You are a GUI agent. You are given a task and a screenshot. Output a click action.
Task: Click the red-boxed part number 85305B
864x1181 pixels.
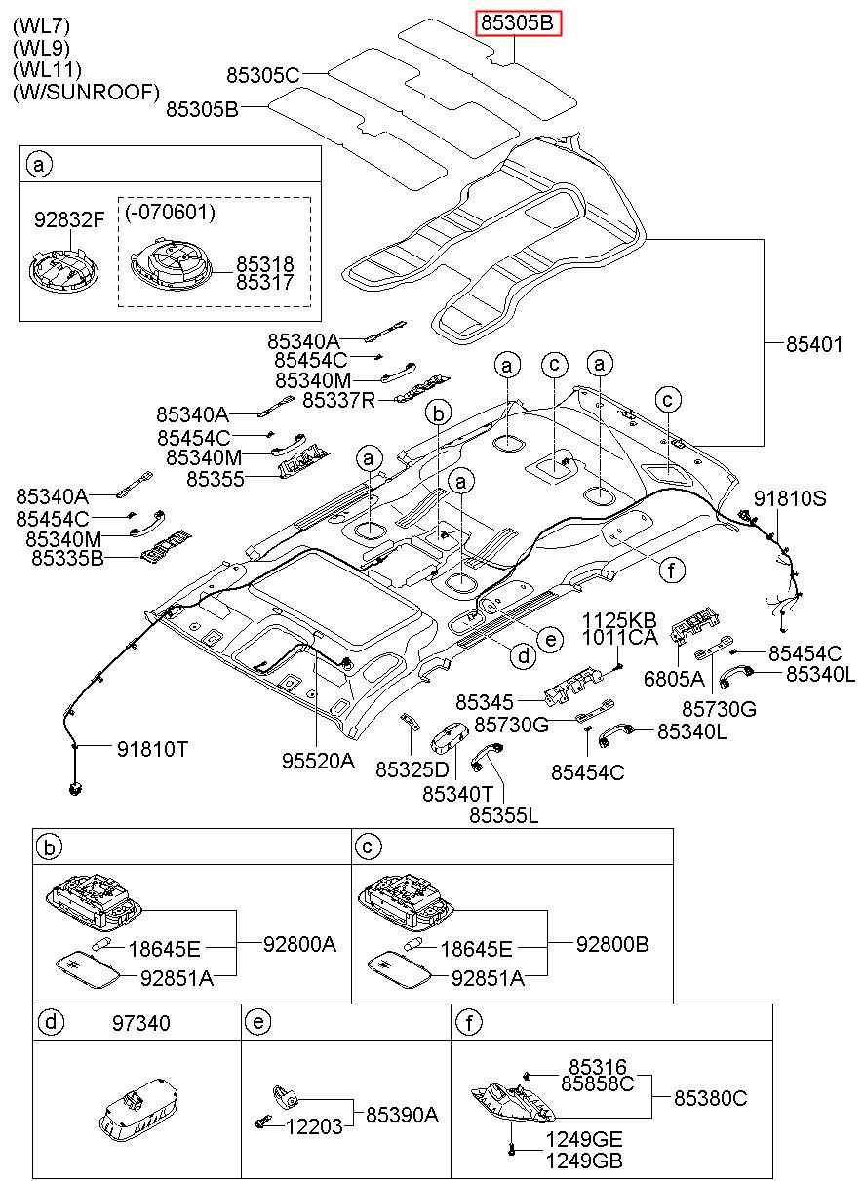pos(518,23)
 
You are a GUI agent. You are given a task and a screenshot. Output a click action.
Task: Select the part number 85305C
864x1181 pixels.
pos(263,75)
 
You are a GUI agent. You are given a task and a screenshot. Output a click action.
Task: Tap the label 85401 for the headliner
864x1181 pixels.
pos(814,344)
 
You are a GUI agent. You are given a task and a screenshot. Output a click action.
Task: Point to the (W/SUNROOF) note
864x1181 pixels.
pos(86,92)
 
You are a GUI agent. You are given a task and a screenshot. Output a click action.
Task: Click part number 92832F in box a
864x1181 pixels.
pos(69,219)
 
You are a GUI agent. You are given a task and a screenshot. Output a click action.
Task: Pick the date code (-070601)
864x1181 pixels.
pos(171,212)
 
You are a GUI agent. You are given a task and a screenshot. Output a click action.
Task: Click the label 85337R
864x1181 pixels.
pos(338,400)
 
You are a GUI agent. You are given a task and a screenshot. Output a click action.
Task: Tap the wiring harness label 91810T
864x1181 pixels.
pos(152,749)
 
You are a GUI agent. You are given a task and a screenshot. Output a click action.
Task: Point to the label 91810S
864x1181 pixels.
pos(790,498)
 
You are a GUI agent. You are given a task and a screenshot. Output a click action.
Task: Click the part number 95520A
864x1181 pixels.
pos(318,761)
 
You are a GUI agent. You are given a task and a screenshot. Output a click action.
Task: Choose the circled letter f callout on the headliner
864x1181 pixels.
pos(672,570)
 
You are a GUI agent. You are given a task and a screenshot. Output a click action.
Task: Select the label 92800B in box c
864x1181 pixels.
pos(612,944)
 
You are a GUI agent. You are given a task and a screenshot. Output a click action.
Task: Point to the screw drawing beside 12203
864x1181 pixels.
pos(262,1123)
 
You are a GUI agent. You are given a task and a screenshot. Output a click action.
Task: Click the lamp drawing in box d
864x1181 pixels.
pos(138,1110)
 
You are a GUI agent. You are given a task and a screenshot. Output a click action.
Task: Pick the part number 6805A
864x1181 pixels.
pos(674,679)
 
